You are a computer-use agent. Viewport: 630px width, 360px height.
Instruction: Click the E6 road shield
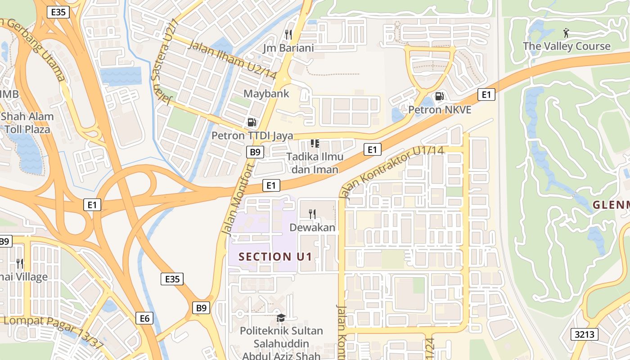[x=144, y=319]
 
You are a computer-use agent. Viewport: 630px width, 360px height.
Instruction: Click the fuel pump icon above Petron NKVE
[x=439, y=96]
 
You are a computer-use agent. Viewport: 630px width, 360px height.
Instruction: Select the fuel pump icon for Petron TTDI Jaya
[x=252, y=122]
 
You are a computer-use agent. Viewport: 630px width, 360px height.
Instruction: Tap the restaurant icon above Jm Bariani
[x=288, y=34]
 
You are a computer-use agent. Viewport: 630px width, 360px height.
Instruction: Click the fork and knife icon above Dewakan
[x=312, y=214]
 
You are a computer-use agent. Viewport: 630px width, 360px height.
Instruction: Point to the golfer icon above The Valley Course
[x=566, y=33]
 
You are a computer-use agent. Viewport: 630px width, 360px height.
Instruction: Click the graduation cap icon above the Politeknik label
[x=281, y=318]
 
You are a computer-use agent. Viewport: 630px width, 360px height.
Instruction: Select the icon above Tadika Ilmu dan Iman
[x=315, y=144]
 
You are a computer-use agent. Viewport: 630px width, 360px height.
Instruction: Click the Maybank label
[x=266, y=94]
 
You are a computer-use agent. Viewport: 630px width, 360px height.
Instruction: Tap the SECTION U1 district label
[x=275, y=257]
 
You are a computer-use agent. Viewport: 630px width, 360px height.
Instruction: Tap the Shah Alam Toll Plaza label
[x=27, y=123]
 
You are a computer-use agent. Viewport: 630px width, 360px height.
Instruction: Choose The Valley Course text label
[x=567, y=46]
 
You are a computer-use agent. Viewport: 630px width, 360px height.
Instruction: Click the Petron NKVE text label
[x=440, y=109]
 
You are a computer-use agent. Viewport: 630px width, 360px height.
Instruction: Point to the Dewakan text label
[x=312, y=228]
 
